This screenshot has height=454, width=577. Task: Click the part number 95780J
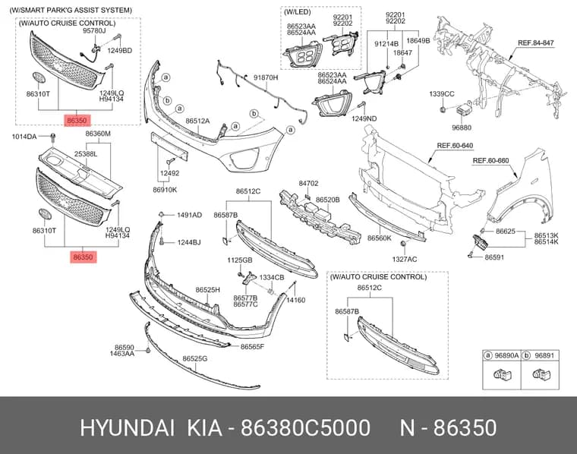coord(94,31)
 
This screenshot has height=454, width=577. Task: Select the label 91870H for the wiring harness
coord(266,77)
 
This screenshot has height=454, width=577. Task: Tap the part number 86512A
coord(197,121)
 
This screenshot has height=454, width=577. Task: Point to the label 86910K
coord(165,190)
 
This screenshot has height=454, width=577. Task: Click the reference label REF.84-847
coord(535,43)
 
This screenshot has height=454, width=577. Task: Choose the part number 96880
coord(462,128)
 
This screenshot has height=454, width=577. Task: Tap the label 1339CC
coord(442,94)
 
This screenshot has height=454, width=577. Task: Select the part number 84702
coord(308,183)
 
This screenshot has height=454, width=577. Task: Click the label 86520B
coord(328,200)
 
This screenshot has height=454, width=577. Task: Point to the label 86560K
coord(380,238)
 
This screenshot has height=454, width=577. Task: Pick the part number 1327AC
coord(405,260)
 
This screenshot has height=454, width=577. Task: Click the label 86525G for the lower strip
coord(195,358)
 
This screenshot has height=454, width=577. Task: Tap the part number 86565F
coord(252,346)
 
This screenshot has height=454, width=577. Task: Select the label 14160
coord(296,300)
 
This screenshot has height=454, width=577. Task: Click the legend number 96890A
coord(506,355)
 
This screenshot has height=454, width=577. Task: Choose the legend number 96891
coord(544,355)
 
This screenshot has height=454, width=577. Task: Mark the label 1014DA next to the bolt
coord(24,137)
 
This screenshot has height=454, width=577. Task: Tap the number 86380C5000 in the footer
coord(305,428)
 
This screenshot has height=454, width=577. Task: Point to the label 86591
coord(494,257)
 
